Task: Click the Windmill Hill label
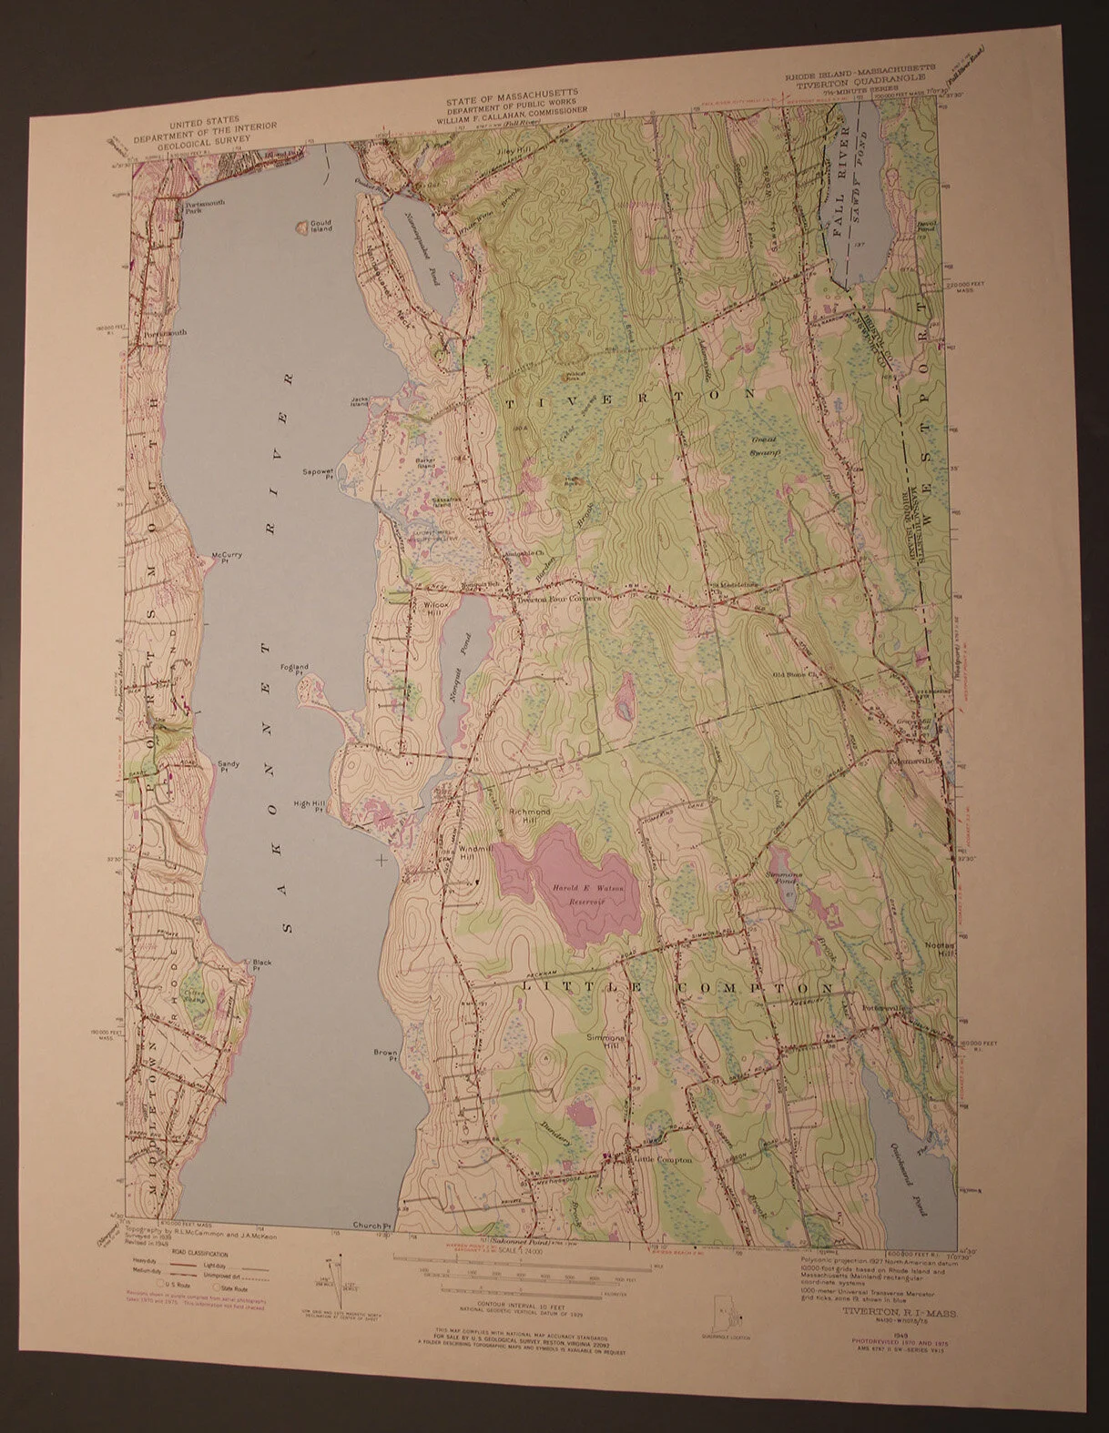470,853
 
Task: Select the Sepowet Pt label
319,474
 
